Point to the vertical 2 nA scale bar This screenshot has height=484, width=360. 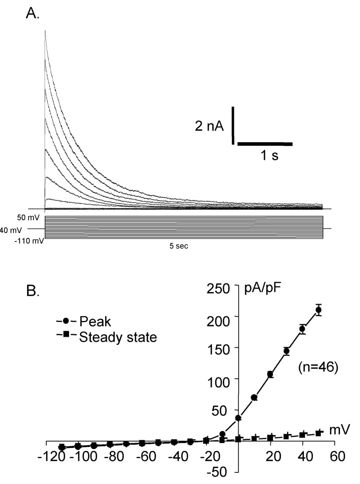coord(233,125)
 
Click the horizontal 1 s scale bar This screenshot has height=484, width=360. coord(264,144)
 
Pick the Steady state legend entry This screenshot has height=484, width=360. coord(118,337)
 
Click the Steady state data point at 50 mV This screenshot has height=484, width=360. coord(318,432)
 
